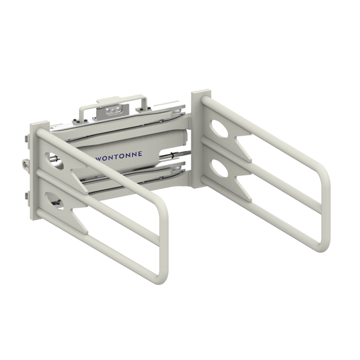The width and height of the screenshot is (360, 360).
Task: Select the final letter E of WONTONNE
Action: (x=140, y=153)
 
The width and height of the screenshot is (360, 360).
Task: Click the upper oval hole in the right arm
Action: (x=220, y=127)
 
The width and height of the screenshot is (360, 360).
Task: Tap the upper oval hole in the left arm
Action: (x=55, y=160)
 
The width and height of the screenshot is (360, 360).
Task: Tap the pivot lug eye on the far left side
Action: (x=25, y=163)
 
